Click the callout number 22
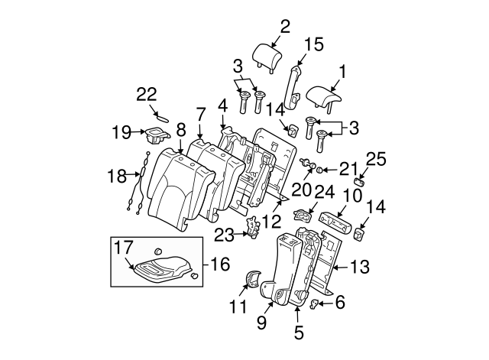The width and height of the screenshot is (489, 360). pos(147,94)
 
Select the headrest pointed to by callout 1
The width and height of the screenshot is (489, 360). pos(327,97)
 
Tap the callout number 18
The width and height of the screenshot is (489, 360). pos(116,177)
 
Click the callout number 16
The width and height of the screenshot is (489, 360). pos(220,264)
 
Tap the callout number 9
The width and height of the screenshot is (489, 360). pos(262,323)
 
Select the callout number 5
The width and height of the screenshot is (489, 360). pos(299,332)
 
